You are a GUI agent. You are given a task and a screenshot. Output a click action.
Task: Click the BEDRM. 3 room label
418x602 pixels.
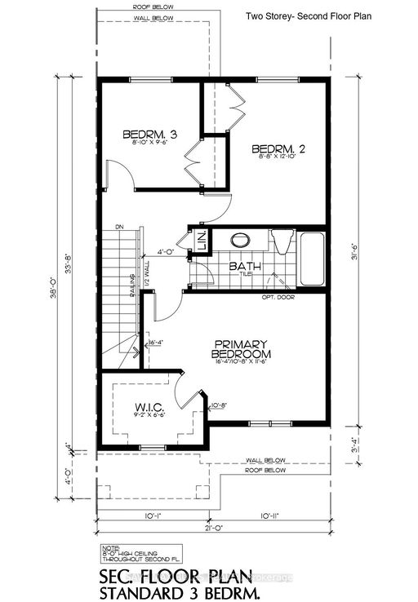(x=150, y=134)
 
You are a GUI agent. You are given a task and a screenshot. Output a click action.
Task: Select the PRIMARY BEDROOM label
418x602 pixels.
(x=241, y=348)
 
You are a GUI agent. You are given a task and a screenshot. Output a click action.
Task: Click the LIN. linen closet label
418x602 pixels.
(x=200, y=241)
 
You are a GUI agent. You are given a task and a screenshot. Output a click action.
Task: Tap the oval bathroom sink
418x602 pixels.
(x=241, y=241)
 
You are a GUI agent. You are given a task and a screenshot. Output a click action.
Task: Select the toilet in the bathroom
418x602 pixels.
(x=280, y=241)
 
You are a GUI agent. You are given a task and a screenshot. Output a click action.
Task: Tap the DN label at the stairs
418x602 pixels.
(x=119, y=226)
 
